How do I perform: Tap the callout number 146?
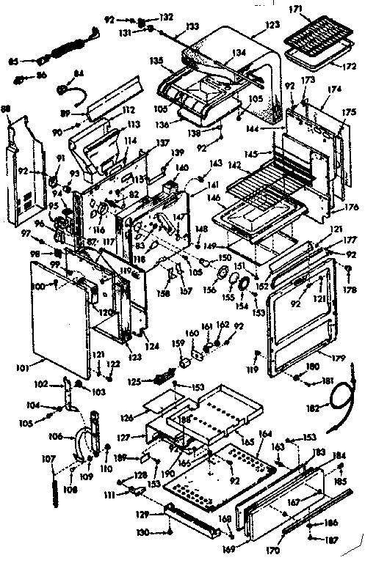(x=211, y=198)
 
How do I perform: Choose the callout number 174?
(x=334, y=88)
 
